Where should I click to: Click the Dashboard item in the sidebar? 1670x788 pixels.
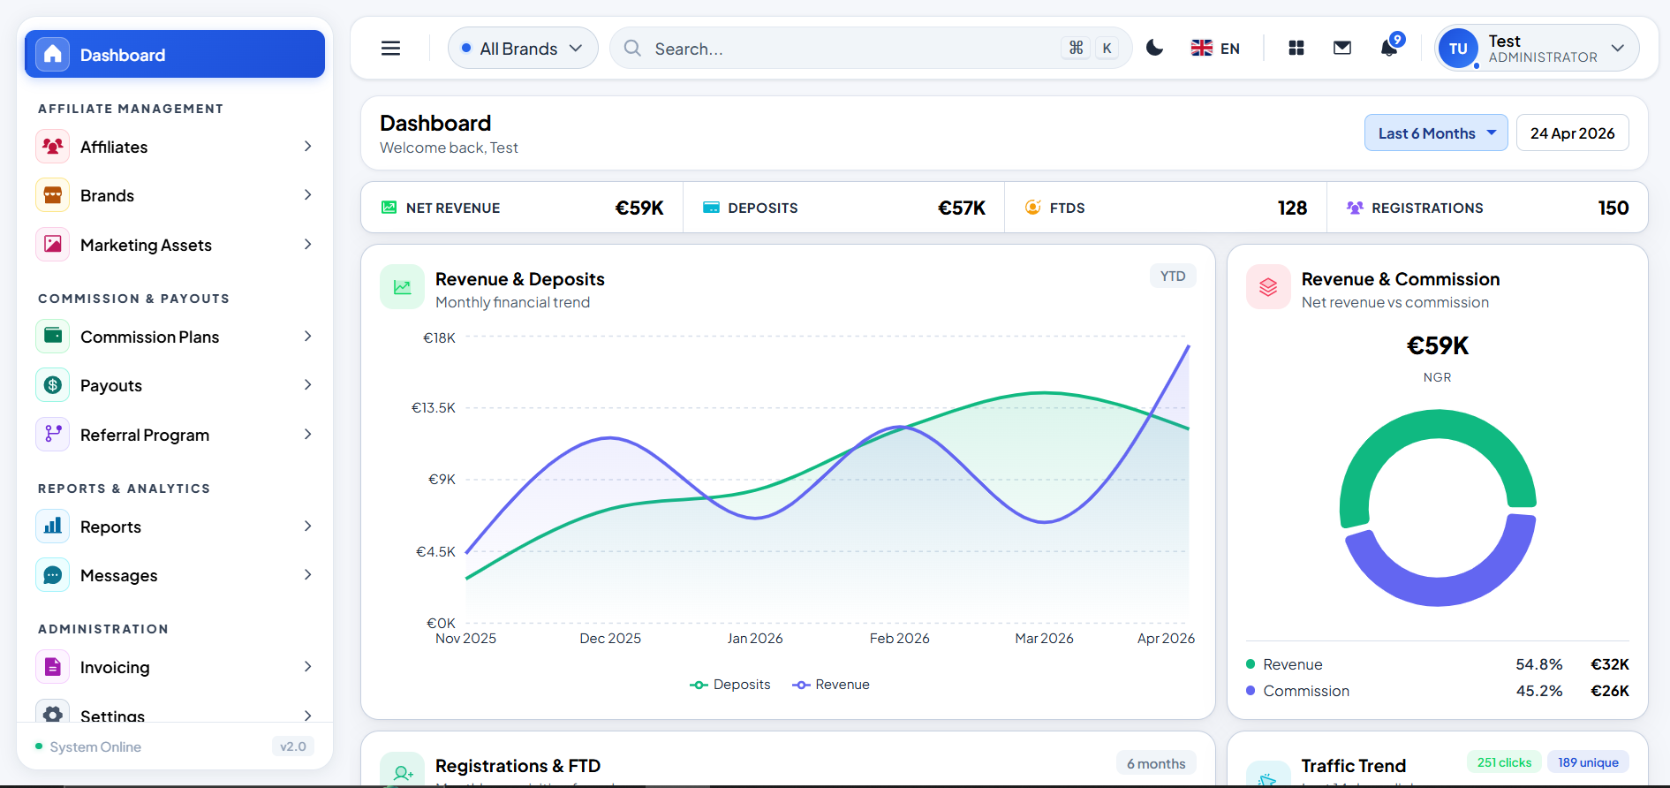(x=174, y=55)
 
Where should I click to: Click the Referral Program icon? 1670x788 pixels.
(x=53, y=435)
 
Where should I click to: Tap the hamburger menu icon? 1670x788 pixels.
(x=390, y=49)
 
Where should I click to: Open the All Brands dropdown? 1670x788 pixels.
(x=523, y=49)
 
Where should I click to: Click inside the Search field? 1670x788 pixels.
(x=848, y=49)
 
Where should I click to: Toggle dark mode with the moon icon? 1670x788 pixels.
(x=1154, y=49)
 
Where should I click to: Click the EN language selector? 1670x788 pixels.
(x=1215, y=49)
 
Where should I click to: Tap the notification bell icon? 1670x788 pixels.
(x=1389, y=49)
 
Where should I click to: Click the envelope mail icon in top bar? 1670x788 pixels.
(x=1341, y=49)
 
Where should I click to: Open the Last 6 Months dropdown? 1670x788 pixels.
(x=1435, y=133)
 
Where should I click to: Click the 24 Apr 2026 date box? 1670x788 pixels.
(x=1572, y=133)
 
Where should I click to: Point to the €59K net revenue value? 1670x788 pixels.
(x=639, y=208)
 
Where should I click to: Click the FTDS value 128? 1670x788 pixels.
(x=1291, y=208)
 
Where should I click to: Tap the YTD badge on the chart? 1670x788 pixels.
(x=1172, y=277)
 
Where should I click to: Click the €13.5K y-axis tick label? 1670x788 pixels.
(x=434, y=408)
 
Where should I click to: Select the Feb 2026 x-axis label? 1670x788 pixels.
(x=899, y=639)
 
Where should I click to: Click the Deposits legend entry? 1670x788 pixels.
(x=730, y=685)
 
